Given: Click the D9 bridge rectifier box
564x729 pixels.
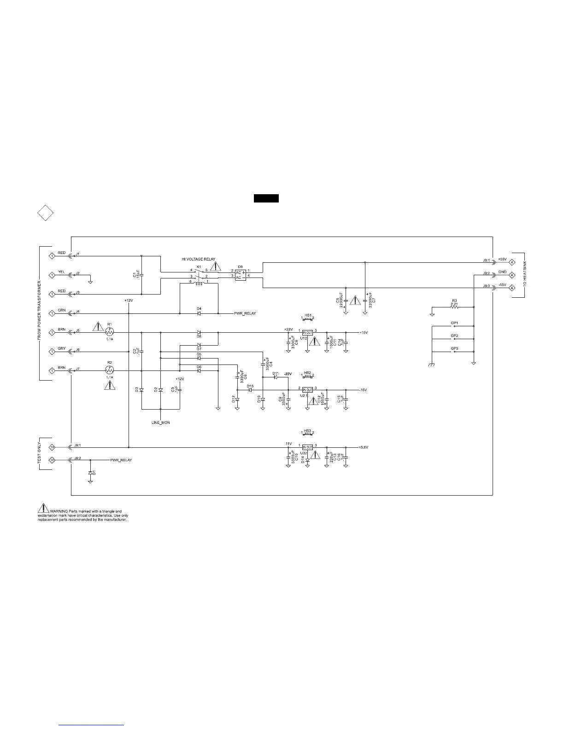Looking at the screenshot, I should [x=240, y=275].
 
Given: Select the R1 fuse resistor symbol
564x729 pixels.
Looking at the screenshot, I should [x=109, y=332].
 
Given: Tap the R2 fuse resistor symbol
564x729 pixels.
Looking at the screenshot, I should [x=109, y=370].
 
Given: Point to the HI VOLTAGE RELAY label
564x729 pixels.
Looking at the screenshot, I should [x=198, y=259].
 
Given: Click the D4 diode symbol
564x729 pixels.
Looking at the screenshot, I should [x=199, y=313].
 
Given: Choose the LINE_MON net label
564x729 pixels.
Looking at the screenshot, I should [x=160, y=422].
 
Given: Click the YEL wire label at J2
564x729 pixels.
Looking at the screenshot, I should [x=62, y=272].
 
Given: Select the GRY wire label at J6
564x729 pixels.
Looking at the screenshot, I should [x=62, y=349].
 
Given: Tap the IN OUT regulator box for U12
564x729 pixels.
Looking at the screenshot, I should [x=307, y=332].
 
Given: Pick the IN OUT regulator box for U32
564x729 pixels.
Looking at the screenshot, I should [x=307, y=447].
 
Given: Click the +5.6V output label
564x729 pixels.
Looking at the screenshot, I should [x=364, y=447].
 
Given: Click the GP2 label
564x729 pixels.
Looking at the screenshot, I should [x=454, y=336].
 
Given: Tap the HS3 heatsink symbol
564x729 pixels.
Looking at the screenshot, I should [x=308, y=433].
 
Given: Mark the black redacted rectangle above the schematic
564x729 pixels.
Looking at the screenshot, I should [x=266, y=198].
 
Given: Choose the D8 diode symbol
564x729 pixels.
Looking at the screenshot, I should [x=199, y=332].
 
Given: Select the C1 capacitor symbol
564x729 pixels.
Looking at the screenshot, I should [x=141, y=275].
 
